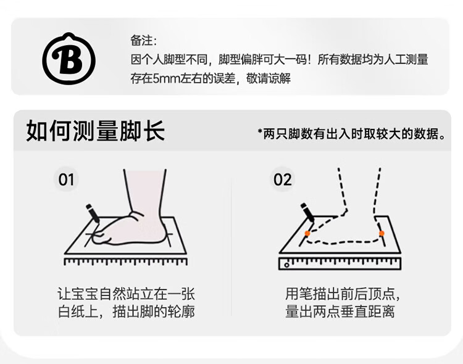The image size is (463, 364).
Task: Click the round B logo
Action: [x=69, y=59]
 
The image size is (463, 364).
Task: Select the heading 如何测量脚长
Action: [x=95, y=131]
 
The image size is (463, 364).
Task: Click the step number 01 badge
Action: [x=66, y=180]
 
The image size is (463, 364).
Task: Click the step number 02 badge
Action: [x=282, y=180]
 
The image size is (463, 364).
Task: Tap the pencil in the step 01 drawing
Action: [x=93, y=213]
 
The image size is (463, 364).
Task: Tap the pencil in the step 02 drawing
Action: [x=307, y=212]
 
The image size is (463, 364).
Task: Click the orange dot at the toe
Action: [x=307, y=233]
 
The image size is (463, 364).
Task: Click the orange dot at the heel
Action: [x=382, y=233]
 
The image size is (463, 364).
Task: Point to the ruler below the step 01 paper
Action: [x=125, y=262]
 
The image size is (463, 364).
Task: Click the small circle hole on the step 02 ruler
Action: [x=286, y=265]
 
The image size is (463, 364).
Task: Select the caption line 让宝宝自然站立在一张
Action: [x=126, y=294]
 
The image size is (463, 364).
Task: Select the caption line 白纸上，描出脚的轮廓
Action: [x=126, y=312]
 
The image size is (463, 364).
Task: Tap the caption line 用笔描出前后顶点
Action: [x=343, y=294]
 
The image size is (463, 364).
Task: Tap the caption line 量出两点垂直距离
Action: [x=340, y=312]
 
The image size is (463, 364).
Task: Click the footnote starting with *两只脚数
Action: [x=351, y=134]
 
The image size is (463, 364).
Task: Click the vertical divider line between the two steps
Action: [x=231, y=247]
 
